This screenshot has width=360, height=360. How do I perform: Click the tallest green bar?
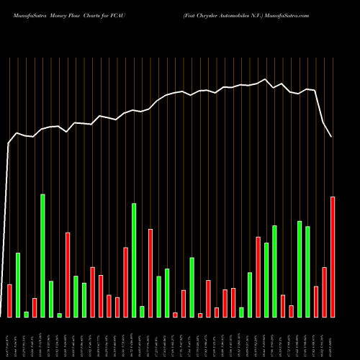[x=42, y=256]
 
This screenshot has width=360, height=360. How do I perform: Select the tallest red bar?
[x=333, y=257]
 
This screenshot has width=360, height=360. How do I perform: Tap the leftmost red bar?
[x=9, y=301]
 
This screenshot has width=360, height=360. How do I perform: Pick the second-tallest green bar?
[x=134, y=260]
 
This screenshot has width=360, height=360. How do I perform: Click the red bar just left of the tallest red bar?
[x=324, y=292]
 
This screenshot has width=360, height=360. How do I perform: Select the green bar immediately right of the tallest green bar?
[x=51, y=299]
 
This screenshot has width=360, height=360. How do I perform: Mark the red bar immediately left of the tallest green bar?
[x=35, y=307]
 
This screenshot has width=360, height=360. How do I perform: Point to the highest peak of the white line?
[x=266, y=78]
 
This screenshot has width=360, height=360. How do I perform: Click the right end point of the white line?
[x=331, y=137]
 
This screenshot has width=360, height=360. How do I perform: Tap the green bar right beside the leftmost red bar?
[x=18, y=285]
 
